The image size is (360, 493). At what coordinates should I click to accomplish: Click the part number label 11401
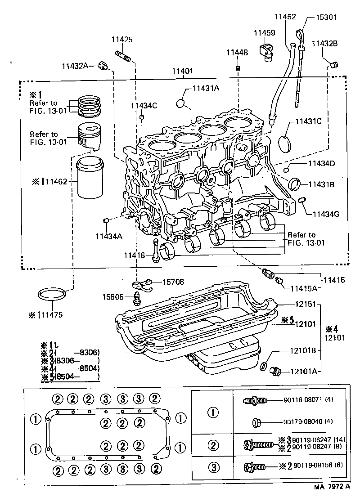(182, 71)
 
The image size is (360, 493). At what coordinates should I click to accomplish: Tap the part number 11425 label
(122, 40)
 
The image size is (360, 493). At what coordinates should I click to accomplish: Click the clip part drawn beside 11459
(267, 51)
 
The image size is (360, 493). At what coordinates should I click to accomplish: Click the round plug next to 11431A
(181, 103)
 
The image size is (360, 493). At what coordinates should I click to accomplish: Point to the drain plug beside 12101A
(275, 372)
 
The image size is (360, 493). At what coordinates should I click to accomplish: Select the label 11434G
(323, 214)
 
